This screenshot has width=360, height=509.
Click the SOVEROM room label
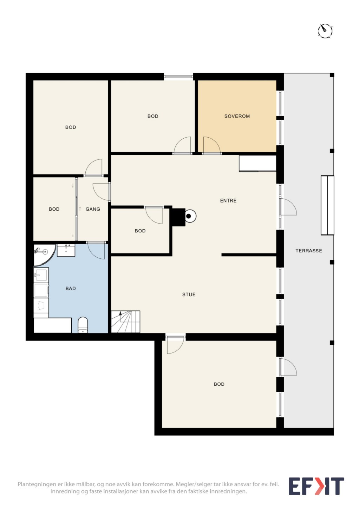point(237,116)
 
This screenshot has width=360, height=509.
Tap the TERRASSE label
point(309,251)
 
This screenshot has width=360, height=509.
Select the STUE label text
point(189,295)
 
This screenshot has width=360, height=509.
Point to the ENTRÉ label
point(228,200)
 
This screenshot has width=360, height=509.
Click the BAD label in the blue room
point(71,288)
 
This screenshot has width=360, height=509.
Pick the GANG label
point(93,209)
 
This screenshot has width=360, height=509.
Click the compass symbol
point(325,31)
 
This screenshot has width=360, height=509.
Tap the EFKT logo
point(316,491)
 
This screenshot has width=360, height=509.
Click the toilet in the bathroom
point(83,325)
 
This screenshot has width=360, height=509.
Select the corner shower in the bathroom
point(45,255)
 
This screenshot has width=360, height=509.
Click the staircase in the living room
point(125,322)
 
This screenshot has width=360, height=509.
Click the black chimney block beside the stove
point(178,217)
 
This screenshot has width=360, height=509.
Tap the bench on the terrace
point(327,205)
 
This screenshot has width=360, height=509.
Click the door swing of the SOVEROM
point(212,145)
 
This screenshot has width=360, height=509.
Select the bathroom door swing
point(96,251)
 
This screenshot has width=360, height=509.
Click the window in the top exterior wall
point(178,77)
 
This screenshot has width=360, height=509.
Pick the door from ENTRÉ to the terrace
point(288,206)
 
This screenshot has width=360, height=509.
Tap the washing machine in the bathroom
point(41,290)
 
